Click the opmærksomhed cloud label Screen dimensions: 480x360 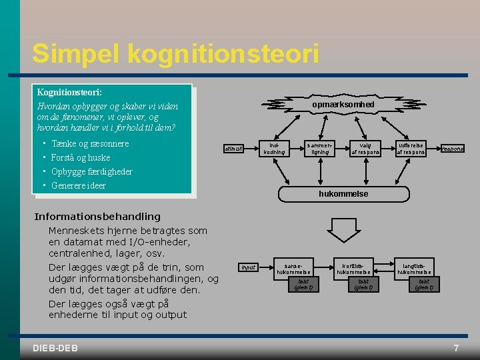coord(343,105)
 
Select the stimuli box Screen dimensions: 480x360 coord(233,149)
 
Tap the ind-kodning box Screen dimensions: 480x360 coord(274,149)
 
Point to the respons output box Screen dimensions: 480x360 coord(453,149)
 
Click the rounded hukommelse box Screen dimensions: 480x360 coord(343,193)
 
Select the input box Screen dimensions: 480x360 coord(248,267)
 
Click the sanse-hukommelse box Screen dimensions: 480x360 coord(293,269)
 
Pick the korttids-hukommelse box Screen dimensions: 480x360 coord(353,269)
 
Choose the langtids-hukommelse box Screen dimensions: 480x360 coord(414,269)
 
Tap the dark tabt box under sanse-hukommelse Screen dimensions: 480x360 coord(303,285)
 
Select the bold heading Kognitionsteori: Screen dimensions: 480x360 coord(69,93)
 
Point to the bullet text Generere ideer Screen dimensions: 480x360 coord(79,185)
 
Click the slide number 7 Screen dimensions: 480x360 coord(456,348)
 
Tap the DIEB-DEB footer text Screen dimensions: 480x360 coord(55,348)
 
